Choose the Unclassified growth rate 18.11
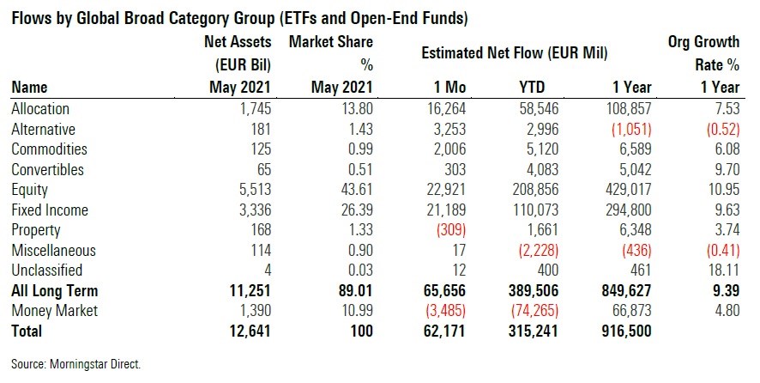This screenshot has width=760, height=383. pos(721,271)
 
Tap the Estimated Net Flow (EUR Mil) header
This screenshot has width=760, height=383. pos(515,53)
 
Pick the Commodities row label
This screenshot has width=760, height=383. pos(51,149)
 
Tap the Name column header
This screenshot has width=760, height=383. pos(29,87)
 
